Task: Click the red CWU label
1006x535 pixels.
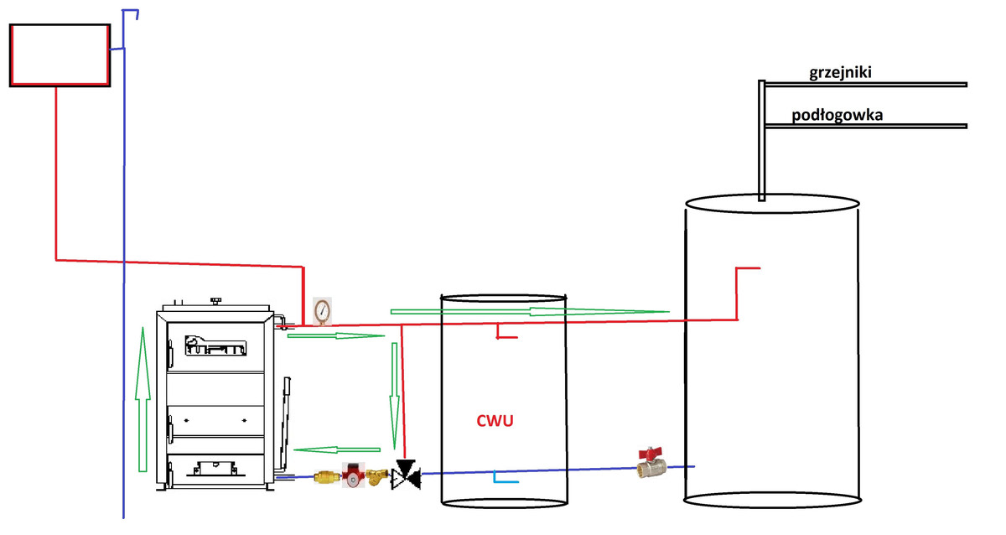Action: pyautogui.click(x=495, y=421)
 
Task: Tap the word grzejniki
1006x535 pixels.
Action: pyautogui.click(x=840, y=73)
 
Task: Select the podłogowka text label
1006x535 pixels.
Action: pyautogui.click(x=837, y=116)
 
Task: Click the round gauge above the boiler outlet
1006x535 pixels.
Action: pyautogui.click(x=321, y=310)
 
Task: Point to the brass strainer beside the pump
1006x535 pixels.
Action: pyautogui.click(x=380, y=478)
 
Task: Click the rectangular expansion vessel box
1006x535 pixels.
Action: pyautogui.click(x=60, y=55)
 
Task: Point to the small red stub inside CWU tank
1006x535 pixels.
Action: pyautogui.click(x=506, y=335)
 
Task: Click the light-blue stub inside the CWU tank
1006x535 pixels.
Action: pyautogui.click(x=506, y=479)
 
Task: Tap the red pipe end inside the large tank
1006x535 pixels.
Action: pyautogui.click(x=747, y=269)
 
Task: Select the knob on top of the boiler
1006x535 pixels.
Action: pyautogui.click(x=216, y=300)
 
